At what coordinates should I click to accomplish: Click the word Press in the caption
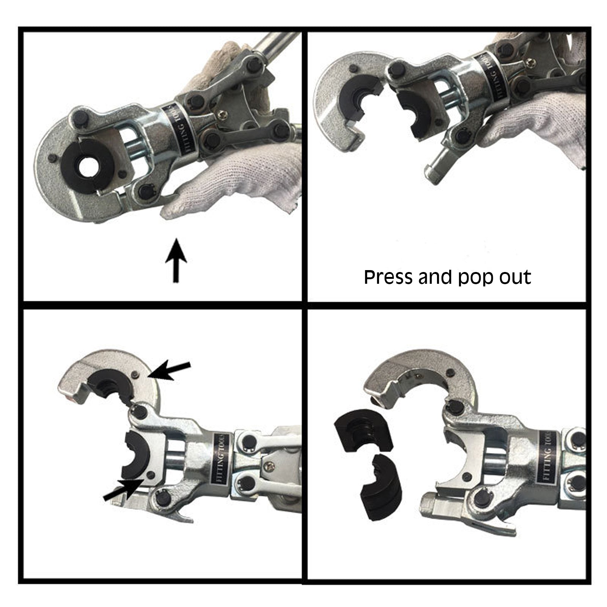pyautogui.click(x=388, y=277)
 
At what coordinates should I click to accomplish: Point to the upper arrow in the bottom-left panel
pyautogui.click(x=169, y=370)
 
